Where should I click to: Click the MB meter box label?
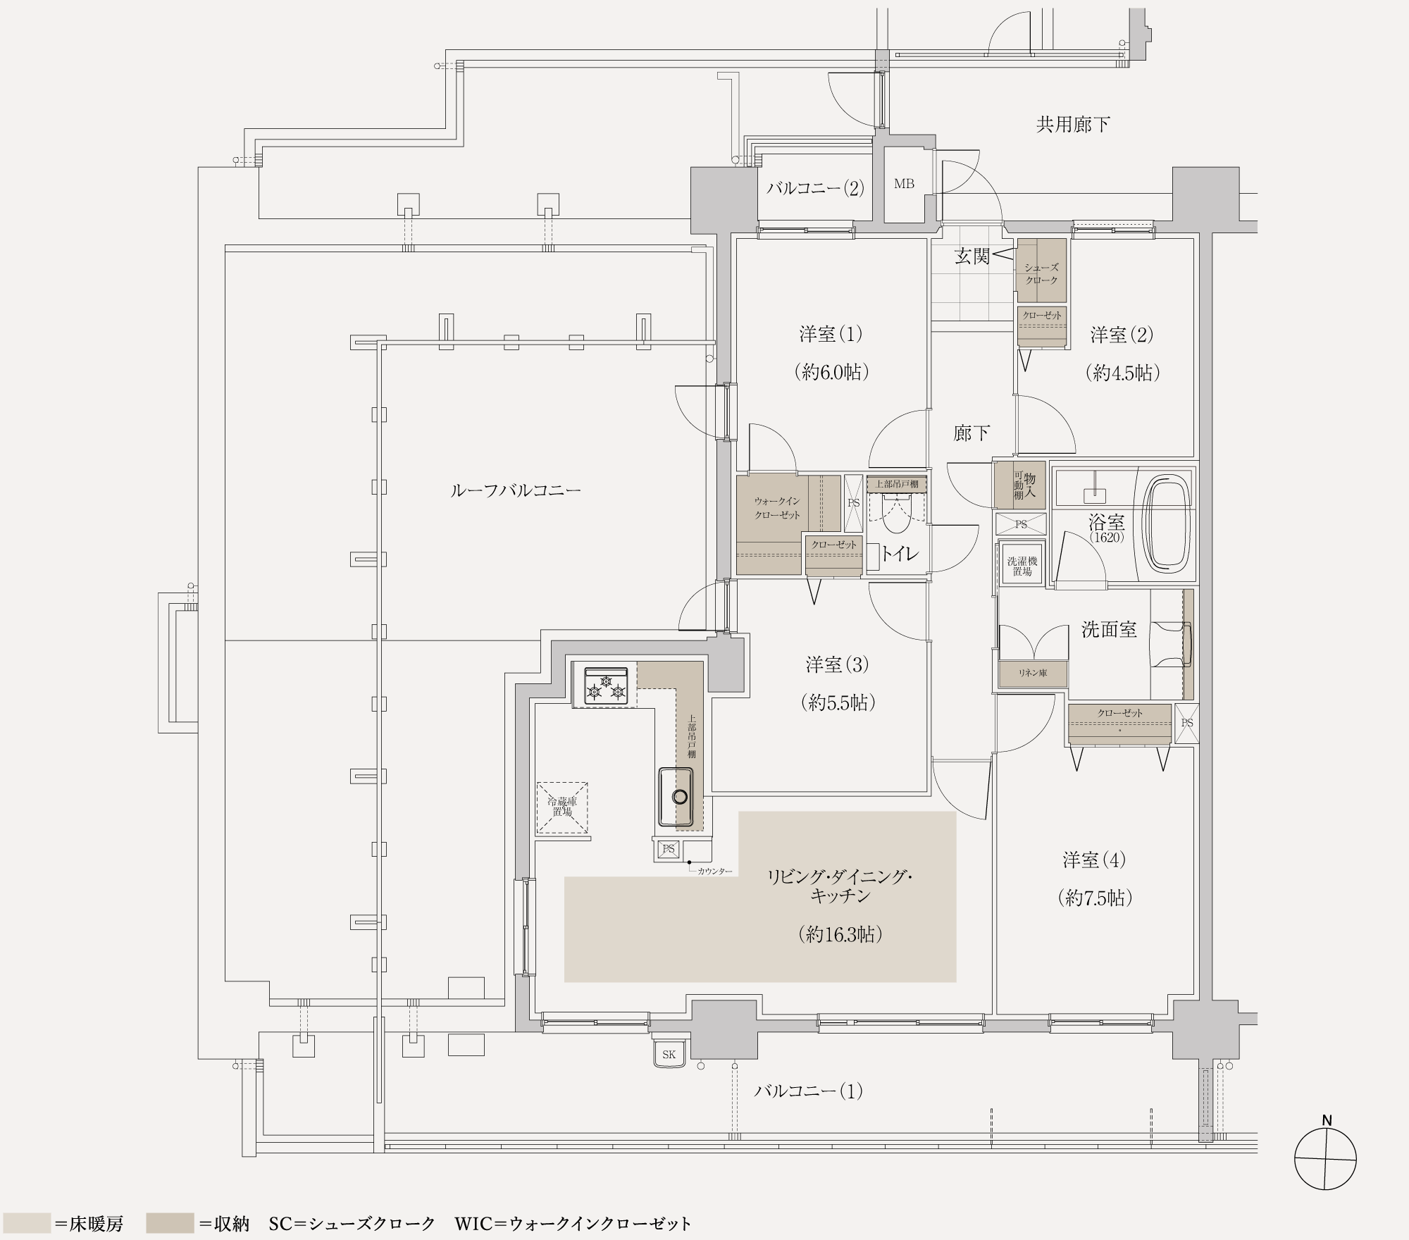(x=904, y=184)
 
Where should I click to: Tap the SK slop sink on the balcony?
(x=669, y=1054)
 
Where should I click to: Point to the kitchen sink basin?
(x=677, y=796)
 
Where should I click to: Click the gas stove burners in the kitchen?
(x=605, y=685)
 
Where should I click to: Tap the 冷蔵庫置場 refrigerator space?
(x=562, y=807)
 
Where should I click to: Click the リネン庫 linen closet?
(x=1033, y=673)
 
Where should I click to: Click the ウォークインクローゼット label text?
(x=777, y=507)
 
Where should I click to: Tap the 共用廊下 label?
(x=1073, y=125)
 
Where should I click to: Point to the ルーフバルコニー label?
(x=515, y=490)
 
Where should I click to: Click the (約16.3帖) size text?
(x=840, y=934)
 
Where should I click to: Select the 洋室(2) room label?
(x=1122, y=335)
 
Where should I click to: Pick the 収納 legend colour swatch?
(x=170, y=1223)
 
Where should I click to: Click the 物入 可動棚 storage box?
(x=1019, y=485)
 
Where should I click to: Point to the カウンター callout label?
(x=714, y=872)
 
